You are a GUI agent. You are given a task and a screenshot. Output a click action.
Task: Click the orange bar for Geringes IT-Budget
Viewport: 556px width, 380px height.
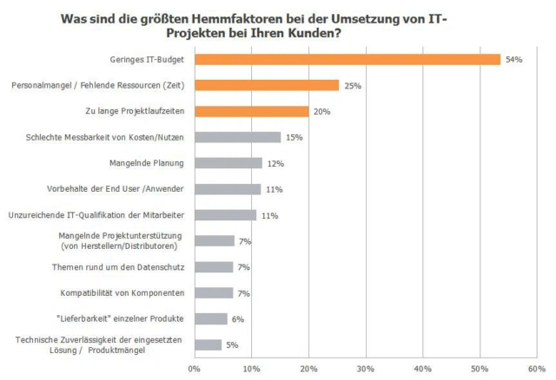(x=347, y=59)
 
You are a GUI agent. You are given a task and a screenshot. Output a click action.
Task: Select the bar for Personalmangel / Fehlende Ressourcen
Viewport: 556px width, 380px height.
(x=267, y=85)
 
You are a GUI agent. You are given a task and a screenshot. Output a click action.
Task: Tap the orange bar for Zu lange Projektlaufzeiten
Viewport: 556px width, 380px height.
(x=252, y=111)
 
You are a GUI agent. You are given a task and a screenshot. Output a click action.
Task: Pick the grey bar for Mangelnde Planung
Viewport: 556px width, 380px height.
(x=228, y=163)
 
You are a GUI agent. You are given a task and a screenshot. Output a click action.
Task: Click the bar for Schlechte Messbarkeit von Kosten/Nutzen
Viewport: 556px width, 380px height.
(x=237, y=137)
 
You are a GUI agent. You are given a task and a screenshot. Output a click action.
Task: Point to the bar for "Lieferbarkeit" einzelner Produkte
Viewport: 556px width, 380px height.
(x=211, y=318)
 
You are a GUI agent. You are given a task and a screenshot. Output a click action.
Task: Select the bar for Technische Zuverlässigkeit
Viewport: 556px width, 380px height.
(x=208, y=344)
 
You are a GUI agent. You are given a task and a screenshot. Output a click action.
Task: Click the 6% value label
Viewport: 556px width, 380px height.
(x=237, y=319)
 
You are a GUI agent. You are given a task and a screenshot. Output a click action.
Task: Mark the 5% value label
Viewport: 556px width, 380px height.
(x=232, y=345)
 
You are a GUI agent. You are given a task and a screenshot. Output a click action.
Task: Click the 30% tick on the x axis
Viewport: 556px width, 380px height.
(x=365, y=369)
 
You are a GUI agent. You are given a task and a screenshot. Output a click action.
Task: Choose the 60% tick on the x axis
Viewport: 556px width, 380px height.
(x=535, y=369)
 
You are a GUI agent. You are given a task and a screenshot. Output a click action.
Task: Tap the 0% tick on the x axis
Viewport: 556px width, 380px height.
(x=195, y=369)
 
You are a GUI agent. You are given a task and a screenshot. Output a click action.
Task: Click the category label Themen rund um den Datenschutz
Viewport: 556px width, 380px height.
(x=128, y=266)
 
